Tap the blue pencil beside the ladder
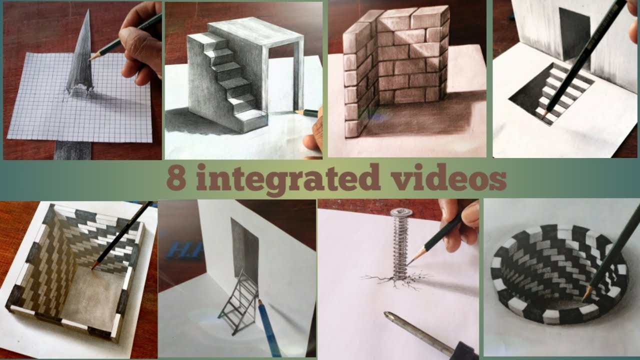pyautogui.click(x=267, y=325)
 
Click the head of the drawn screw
pyautogui.click(x=401, y=212)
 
